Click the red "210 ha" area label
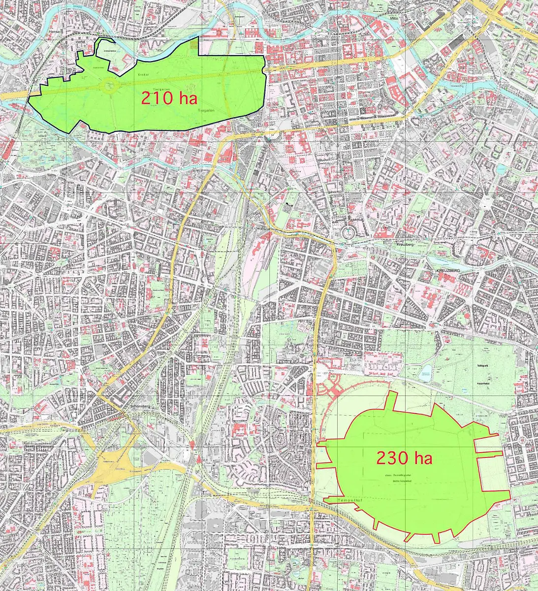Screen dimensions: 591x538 (x=169, y=98)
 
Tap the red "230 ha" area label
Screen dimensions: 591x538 (x=404, y=458)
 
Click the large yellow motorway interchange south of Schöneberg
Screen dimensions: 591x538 (x=111, y=465)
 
